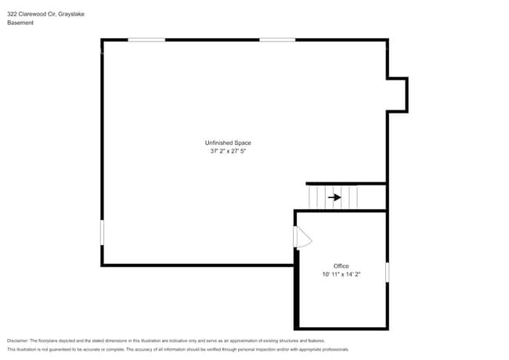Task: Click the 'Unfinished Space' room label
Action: click(x=227, y=142)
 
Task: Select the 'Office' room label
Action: click(x=341, y=266)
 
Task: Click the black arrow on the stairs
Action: click(x=334, y=197)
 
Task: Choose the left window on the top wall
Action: click(x=146, y=40)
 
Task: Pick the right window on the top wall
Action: click(x=277, y=40)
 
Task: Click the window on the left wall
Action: click(x=102, y=232)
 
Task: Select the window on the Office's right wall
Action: click(x=387, y=272)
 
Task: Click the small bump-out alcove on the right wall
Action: click(x=398, y=94)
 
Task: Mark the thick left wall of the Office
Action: click(x=296, y=290)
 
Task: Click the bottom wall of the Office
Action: click(x=341, y=328)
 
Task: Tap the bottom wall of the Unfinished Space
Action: click(x=196, y=265)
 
